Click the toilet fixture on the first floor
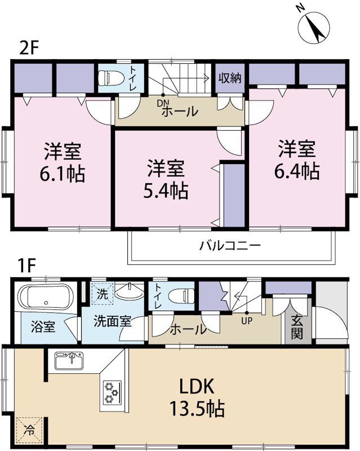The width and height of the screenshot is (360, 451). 182,295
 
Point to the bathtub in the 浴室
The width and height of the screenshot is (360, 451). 43,295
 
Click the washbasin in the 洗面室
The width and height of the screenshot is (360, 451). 131,293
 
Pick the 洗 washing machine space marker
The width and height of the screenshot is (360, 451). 102,294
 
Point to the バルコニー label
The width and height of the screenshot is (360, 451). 229,246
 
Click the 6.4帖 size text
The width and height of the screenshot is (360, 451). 296,171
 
